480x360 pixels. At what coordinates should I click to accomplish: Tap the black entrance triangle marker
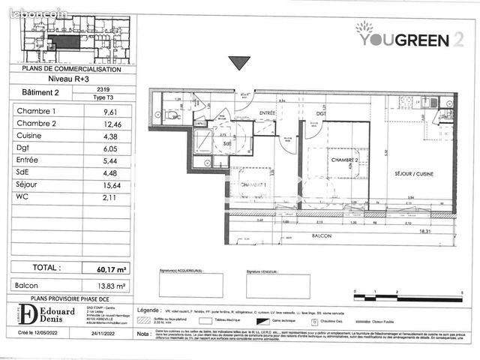(x=238, y=63)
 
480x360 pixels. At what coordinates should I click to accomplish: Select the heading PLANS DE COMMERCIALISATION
(x=73, y=68)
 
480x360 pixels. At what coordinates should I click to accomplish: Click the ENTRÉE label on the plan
(x=268, y=112)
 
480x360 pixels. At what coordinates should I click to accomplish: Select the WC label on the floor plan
(x=175, y=117)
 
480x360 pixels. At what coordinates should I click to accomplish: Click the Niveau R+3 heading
(x=73, y=77)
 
